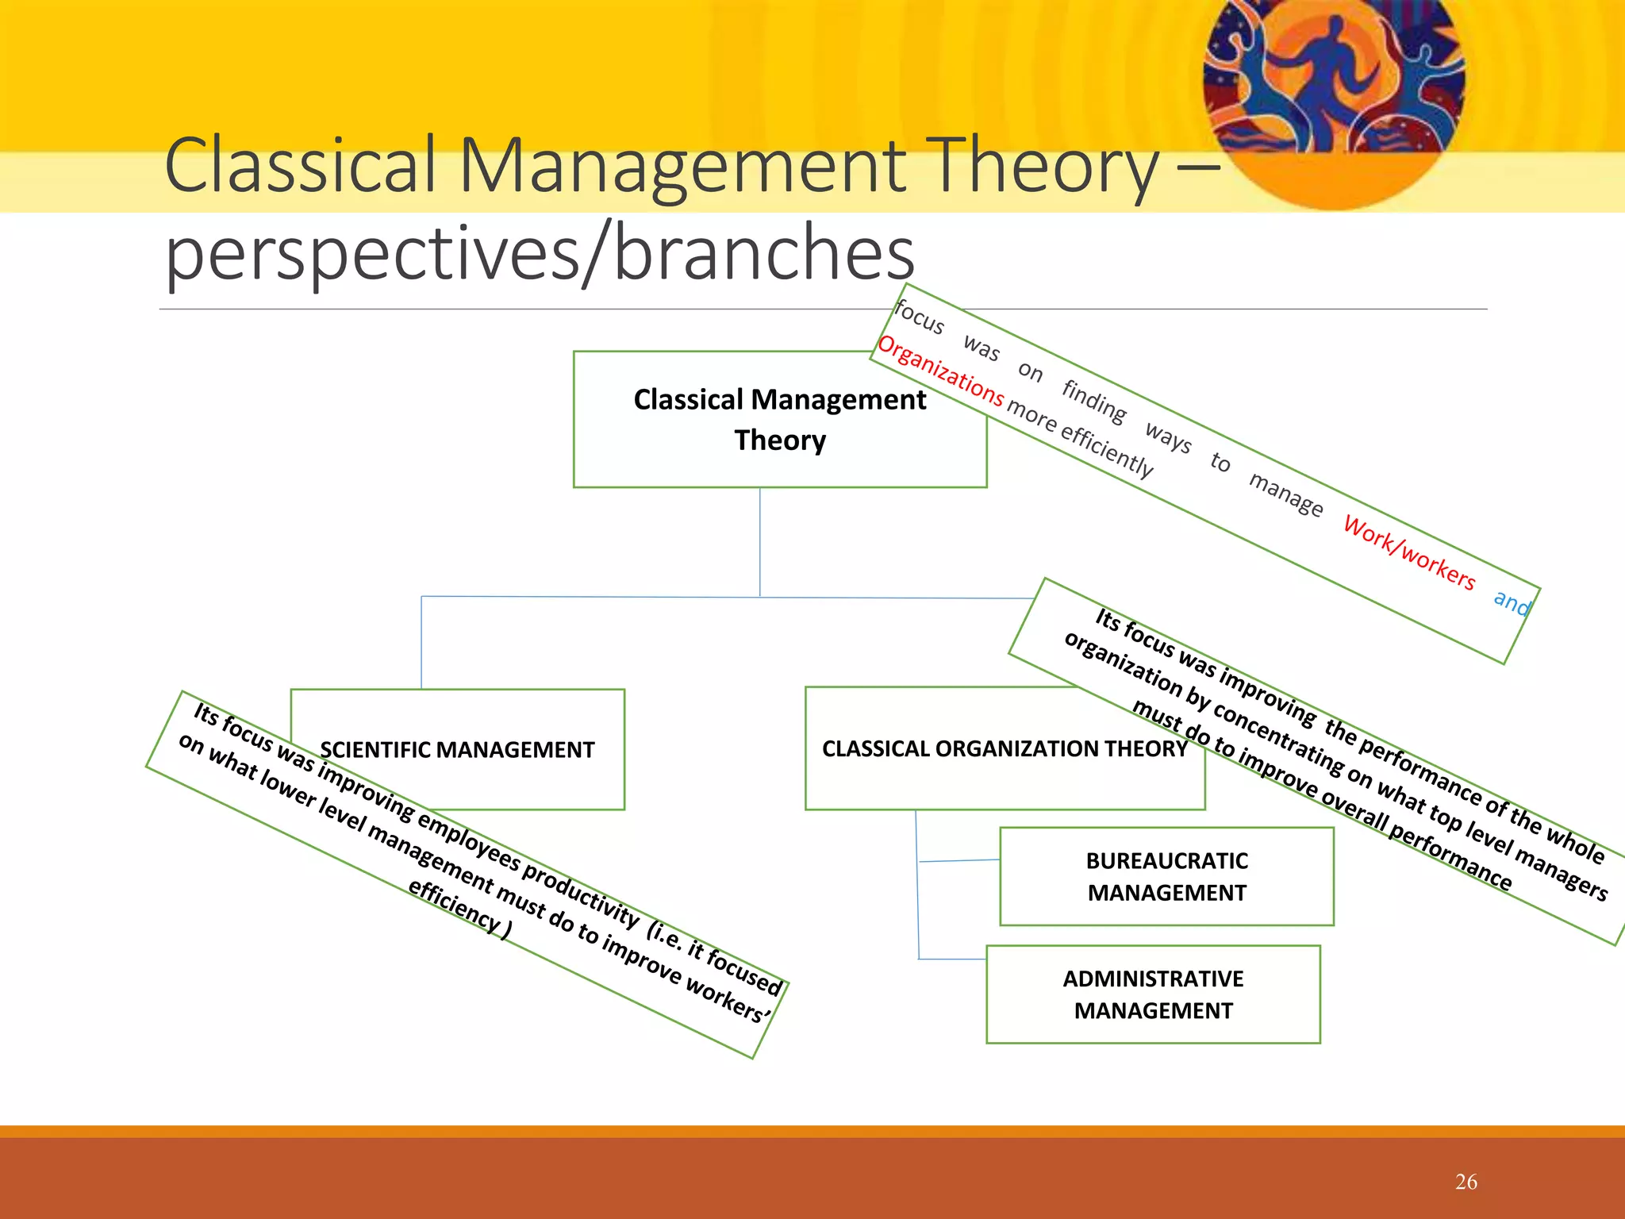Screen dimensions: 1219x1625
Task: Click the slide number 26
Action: click(1466, 1182)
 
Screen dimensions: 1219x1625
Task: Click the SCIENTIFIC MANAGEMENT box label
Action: click(457, 749)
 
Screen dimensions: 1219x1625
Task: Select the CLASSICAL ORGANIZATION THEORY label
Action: click(1004, 748)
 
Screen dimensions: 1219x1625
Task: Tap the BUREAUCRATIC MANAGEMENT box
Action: click(1166, 876)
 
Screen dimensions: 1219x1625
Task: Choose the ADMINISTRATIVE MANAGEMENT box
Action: click(1152, 994)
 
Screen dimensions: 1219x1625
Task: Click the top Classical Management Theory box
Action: click(779, 419)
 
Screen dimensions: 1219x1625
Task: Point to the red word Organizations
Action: click(940, 369)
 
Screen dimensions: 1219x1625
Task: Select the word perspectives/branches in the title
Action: click(540, 252)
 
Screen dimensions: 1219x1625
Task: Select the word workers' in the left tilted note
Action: click(728, 1000)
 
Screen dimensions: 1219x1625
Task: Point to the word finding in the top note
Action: click(1094, 401)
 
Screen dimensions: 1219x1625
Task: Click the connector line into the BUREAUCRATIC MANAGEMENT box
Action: click(960, 860)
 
